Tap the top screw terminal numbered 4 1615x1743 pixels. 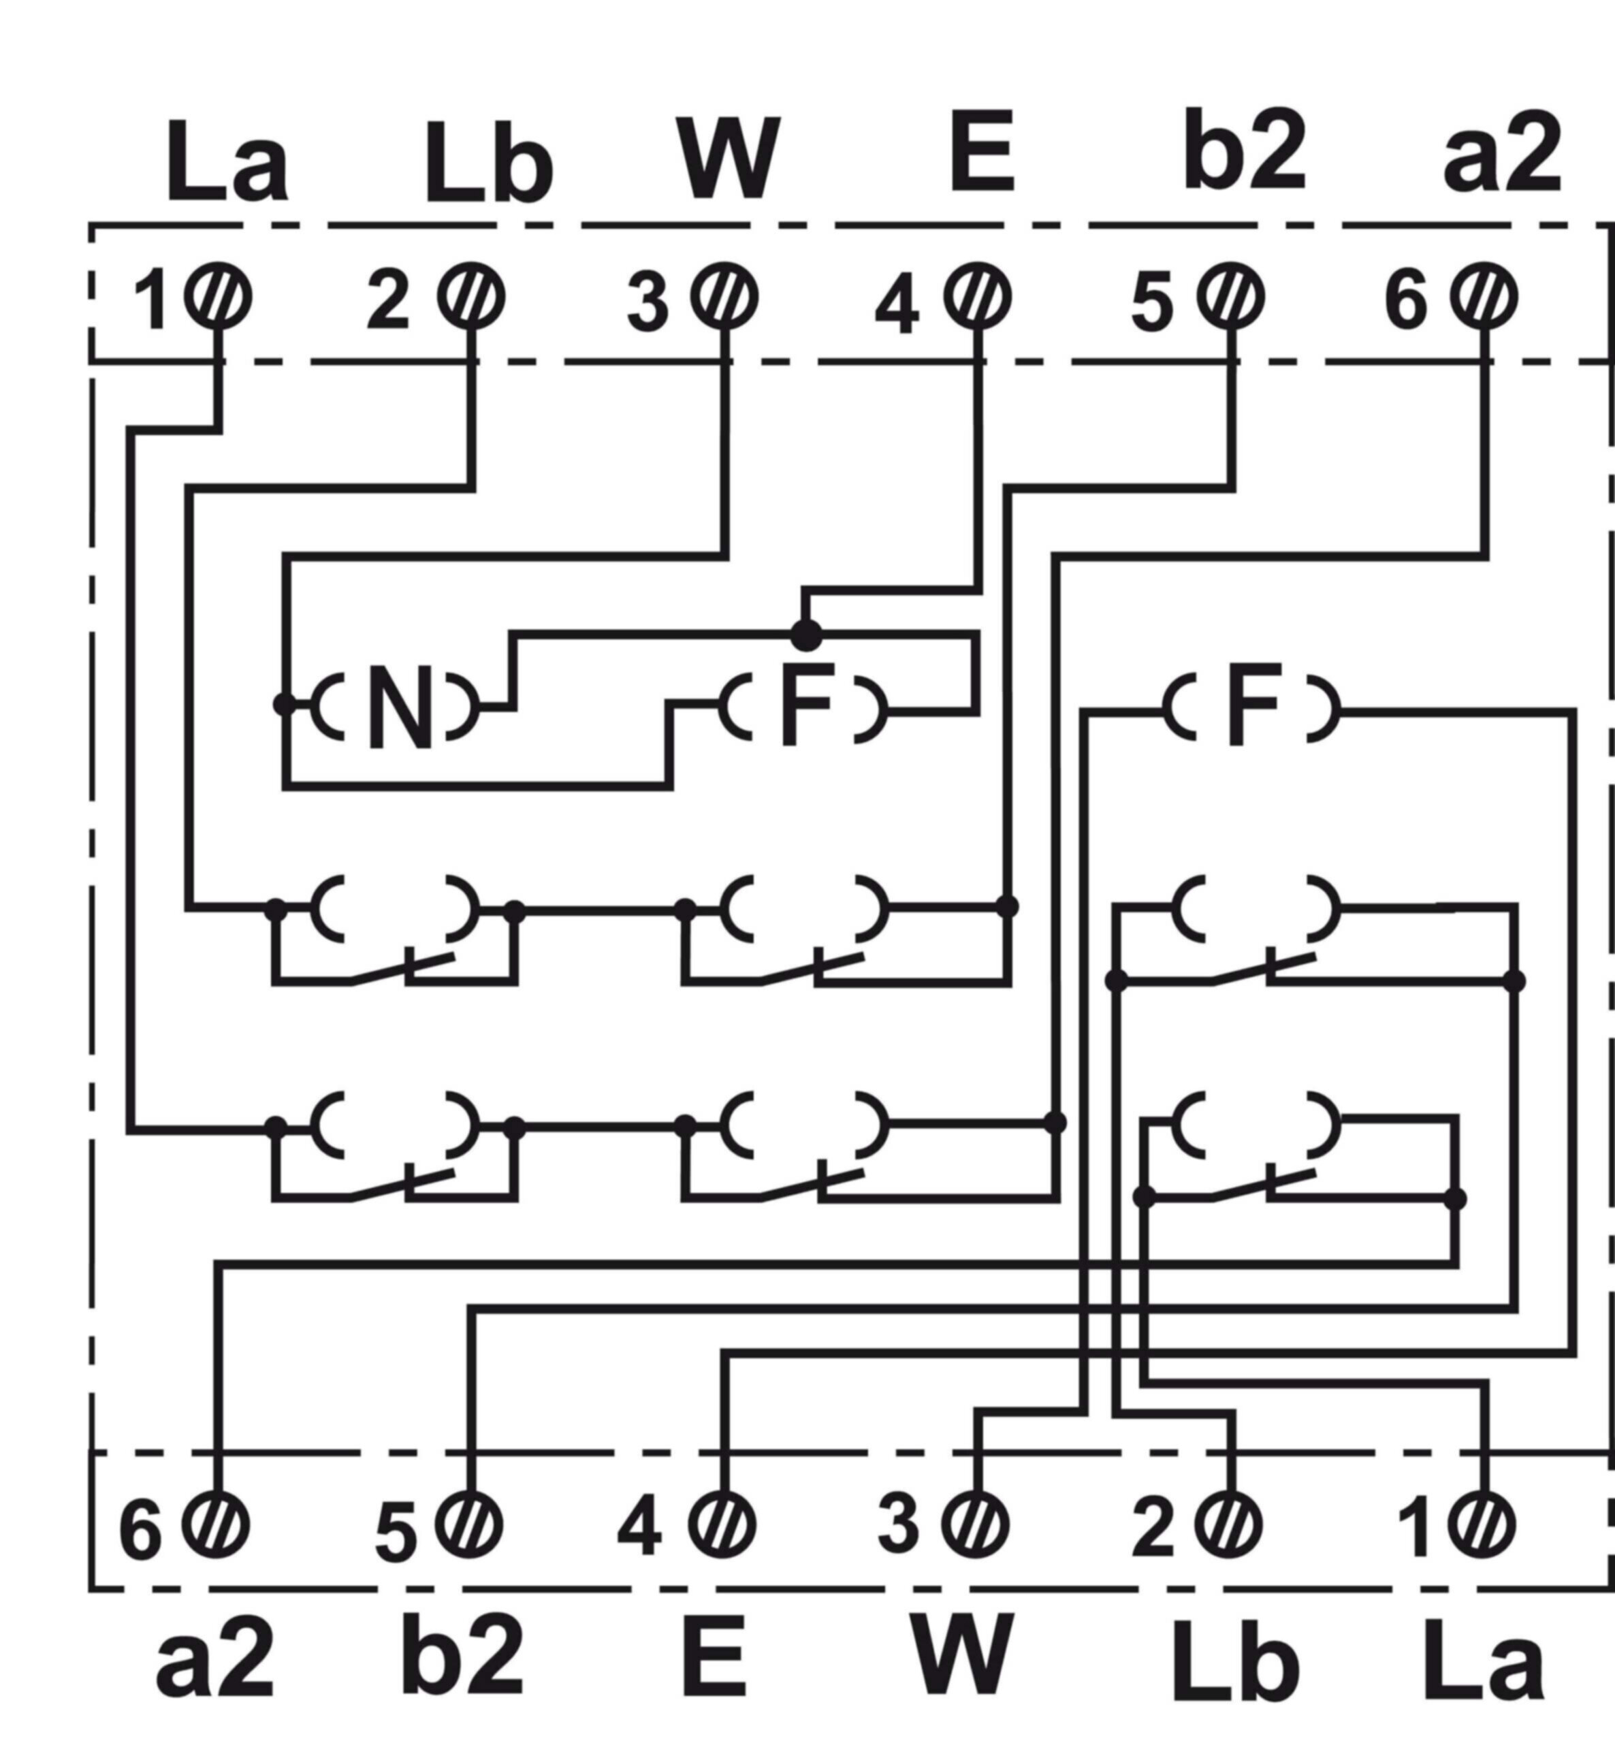977,296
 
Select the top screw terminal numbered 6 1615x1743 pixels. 1484,296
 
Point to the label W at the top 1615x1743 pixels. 728,158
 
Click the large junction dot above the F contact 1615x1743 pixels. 805,635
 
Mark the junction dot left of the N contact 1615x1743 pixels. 284,703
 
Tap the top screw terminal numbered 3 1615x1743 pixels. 724,296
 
